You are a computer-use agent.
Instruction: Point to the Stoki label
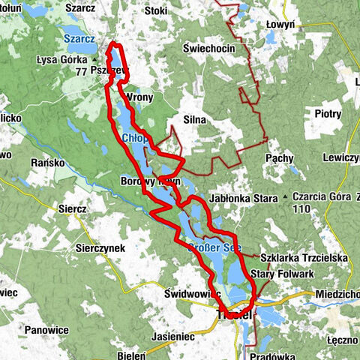pos(155,11)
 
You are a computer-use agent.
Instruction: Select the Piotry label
pos(328,114)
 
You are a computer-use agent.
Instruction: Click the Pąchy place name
pos(280,160)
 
